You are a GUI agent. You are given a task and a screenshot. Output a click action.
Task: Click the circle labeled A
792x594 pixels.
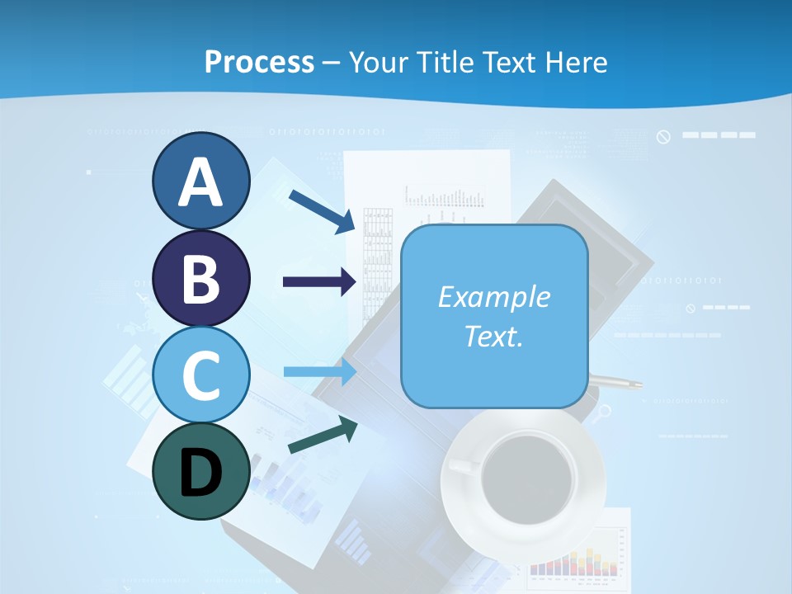tap(200, 181)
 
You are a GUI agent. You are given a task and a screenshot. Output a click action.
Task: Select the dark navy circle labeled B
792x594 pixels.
tap(200, 278)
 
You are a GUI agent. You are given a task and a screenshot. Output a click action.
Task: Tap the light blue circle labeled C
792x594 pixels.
tap(200, 375)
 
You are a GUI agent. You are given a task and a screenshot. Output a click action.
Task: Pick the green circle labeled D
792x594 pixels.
tap(200, 471)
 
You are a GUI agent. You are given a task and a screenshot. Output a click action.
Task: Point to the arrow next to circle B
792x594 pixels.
tap(320, 282)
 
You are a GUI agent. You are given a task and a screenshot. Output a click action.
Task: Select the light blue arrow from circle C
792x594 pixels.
tap(320, 372)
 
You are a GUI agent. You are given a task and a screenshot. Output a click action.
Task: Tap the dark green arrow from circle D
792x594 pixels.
tap(323, 434)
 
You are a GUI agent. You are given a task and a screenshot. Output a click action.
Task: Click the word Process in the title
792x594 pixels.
tap(259, 62)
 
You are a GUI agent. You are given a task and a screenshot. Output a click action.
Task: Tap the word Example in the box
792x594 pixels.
tap(493, 297)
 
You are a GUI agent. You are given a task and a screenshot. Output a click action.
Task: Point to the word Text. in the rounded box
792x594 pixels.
tap(493, 336)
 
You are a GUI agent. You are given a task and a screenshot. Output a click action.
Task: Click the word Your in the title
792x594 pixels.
tap(379, 62)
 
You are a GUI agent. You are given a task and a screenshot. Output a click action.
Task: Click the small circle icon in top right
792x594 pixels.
tap(663, 136)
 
